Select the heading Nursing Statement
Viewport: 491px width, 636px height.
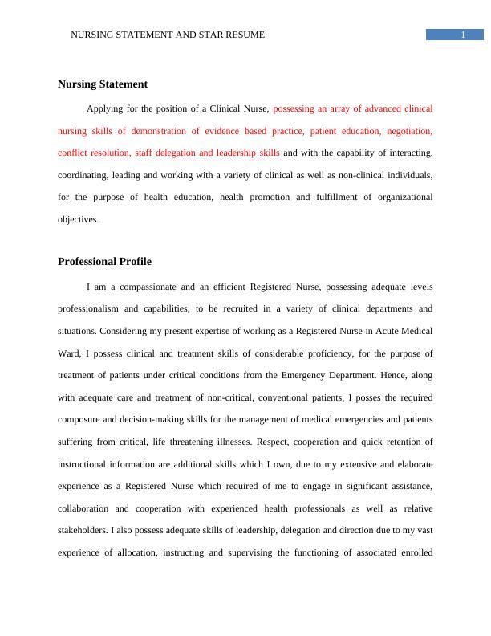[103, 84]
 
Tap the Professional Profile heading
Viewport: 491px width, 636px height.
[104, 262]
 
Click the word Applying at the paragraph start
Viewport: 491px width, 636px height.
[108, 108]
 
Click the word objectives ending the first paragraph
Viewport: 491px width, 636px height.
[78, 219]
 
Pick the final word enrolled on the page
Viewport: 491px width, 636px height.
[413, 552]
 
